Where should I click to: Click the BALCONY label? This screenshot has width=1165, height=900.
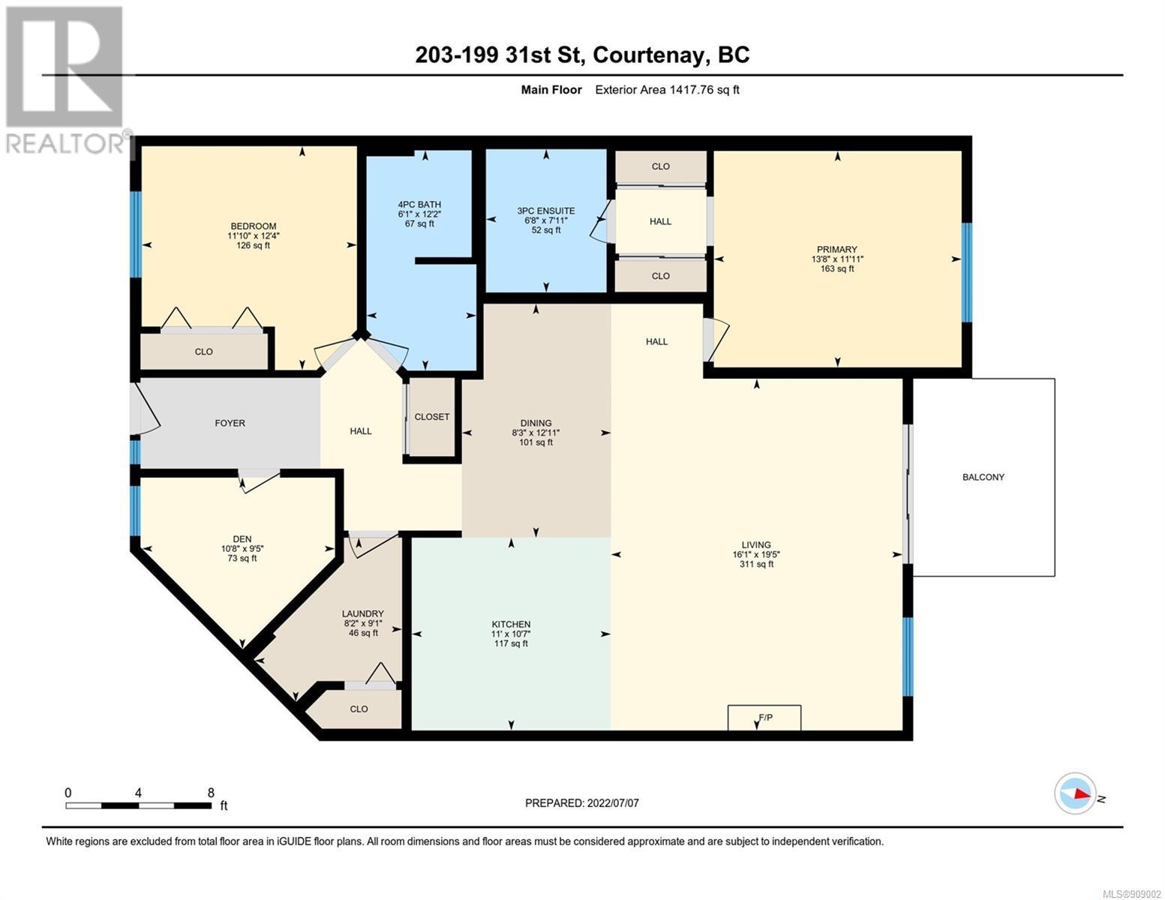(983, 476)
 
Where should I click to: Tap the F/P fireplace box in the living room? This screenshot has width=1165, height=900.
(764, 717)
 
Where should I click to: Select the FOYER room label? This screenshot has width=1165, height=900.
(230, 423)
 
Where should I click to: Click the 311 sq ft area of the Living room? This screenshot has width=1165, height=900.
(756, 564)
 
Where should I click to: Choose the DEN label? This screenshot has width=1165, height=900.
(242, 538)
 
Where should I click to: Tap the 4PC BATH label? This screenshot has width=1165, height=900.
(419, 204)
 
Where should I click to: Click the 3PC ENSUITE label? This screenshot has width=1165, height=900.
(546, 211)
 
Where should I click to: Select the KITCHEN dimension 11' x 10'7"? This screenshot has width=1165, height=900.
(511, 634)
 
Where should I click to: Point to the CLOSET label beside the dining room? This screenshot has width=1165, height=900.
(431, 416)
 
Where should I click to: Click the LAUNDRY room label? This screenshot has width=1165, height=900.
(363, 613)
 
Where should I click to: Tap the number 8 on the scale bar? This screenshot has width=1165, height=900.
(211, 792)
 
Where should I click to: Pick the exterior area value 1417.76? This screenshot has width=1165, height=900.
(692, 89)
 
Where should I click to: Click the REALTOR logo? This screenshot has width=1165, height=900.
(67, 80)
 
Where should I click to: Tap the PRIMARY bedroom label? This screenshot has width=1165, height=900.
(837, 249)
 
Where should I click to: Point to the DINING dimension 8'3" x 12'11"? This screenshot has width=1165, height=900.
(536, 433)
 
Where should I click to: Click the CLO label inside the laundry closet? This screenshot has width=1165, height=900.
(359, 709)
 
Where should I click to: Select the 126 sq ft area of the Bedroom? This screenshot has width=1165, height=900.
(253, 245)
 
